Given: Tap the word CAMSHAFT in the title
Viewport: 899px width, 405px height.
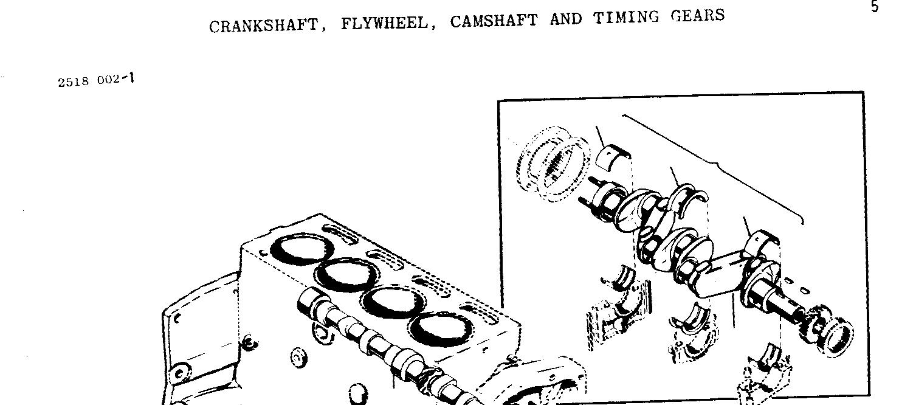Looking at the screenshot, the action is (494, 21).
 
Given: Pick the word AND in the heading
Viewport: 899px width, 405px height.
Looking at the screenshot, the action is (565, 19).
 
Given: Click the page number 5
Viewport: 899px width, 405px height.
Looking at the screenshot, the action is (875, 7).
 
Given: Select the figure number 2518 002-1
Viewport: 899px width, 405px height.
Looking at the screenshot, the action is (96, 80).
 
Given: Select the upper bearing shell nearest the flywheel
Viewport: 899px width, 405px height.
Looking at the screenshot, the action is (613, 156).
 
